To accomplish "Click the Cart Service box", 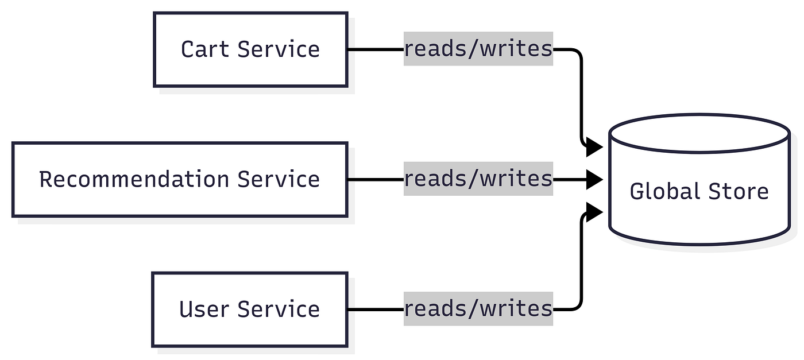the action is tap(250, 49).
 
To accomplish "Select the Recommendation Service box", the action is tap(180, 180).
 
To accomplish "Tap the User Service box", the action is tap(250, 309).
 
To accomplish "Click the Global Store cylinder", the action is tap(699, 180).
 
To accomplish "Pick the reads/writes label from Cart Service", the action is tap(478, 49).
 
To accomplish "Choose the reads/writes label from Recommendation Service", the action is tap(478, 179).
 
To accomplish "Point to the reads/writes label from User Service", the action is tap(478, 309).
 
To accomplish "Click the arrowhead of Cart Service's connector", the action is tap(594, 147).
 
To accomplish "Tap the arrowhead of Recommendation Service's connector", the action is tap(594, 180).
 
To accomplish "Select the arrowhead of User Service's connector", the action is tap(594, 212).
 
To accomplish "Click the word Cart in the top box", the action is tap(205, 49).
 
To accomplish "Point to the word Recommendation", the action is tap(134, 179).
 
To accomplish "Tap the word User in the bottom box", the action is tap(204, 309).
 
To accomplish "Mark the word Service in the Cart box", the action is tap(279, 49).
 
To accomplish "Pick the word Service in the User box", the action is tap(279, 309).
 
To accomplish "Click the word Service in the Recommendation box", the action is tap(279, 179).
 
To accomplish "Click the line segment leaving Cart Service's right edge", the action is tap(376, 49).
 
